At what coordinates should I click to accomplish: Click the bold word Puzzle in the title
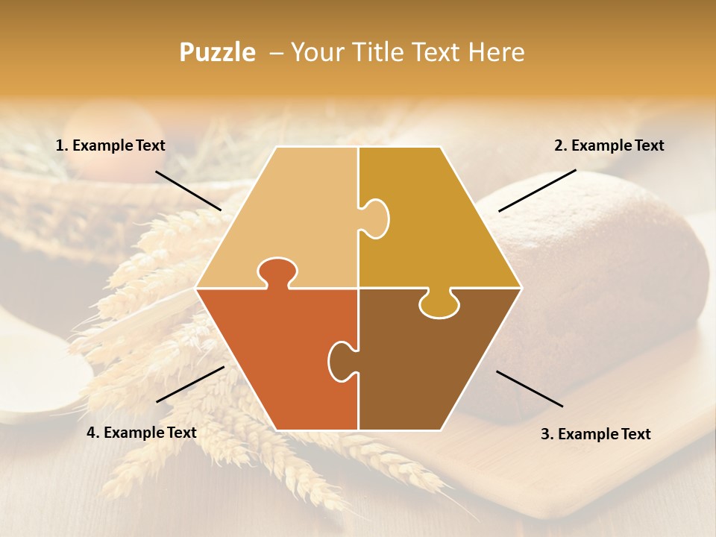pos(217,52)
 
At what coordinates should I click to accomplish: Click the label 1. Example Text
pos(110,145)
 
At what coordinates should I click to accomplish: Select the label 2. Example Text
pos(609,145)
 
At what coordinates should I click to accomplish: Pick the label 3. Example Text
pos(595,434)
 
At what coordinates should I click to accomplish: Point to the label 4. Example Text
pos(142,433)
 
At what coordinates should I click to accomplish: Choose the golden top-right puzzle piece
pos(433,224)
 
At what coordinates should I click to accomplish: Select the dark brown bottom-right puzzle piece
pos(433,365)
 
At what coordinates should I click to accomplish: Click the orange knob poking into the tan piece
pos(275,271)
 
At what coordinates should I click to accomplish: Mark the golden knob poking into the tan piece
pos(376,218)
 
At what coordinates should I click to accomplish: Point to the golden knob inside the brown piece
pos(439,304)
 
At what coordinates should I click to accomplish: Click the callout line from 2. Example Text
pos(537,190)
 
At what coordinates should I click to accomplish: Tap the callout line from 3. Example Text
pos(530,389)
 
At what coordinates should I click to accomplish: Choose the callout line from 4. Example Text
pos(190,383)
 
